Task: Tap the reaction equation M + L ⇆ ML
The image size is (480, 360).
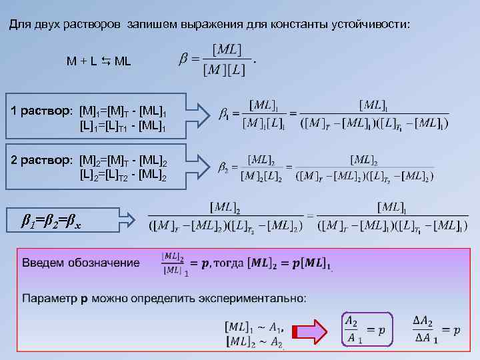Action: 99,61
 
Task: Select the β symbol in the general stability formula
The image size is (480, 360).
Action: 183,60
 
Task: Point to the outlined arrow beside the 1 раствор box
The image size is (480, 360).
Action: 199,114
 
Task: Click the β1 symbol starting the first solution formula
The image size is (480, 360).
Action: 224,114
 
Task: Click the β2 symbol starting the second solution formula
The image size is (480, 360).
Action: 223,167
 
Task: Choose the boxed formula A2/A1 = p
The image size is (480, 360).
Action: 365,329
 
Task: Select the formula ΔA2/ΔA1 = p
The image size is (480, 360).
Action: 436,329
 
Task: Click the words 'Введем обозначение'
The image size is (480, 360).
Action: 81,262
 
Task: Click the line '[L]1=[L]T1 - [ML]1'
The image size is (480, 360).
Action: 123,125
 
